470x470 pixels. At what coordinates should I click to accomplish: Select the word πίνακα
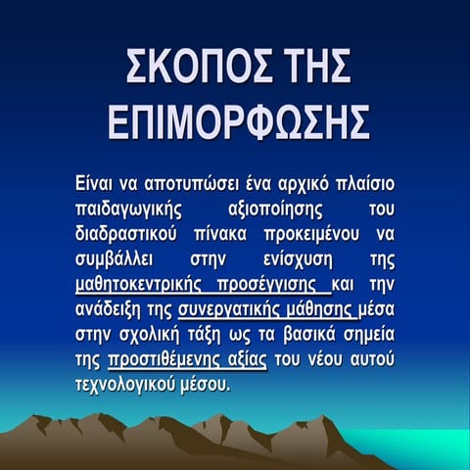coord(229,234)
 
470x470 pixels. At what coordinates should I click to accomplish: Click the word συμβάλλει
coord(116,259)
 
